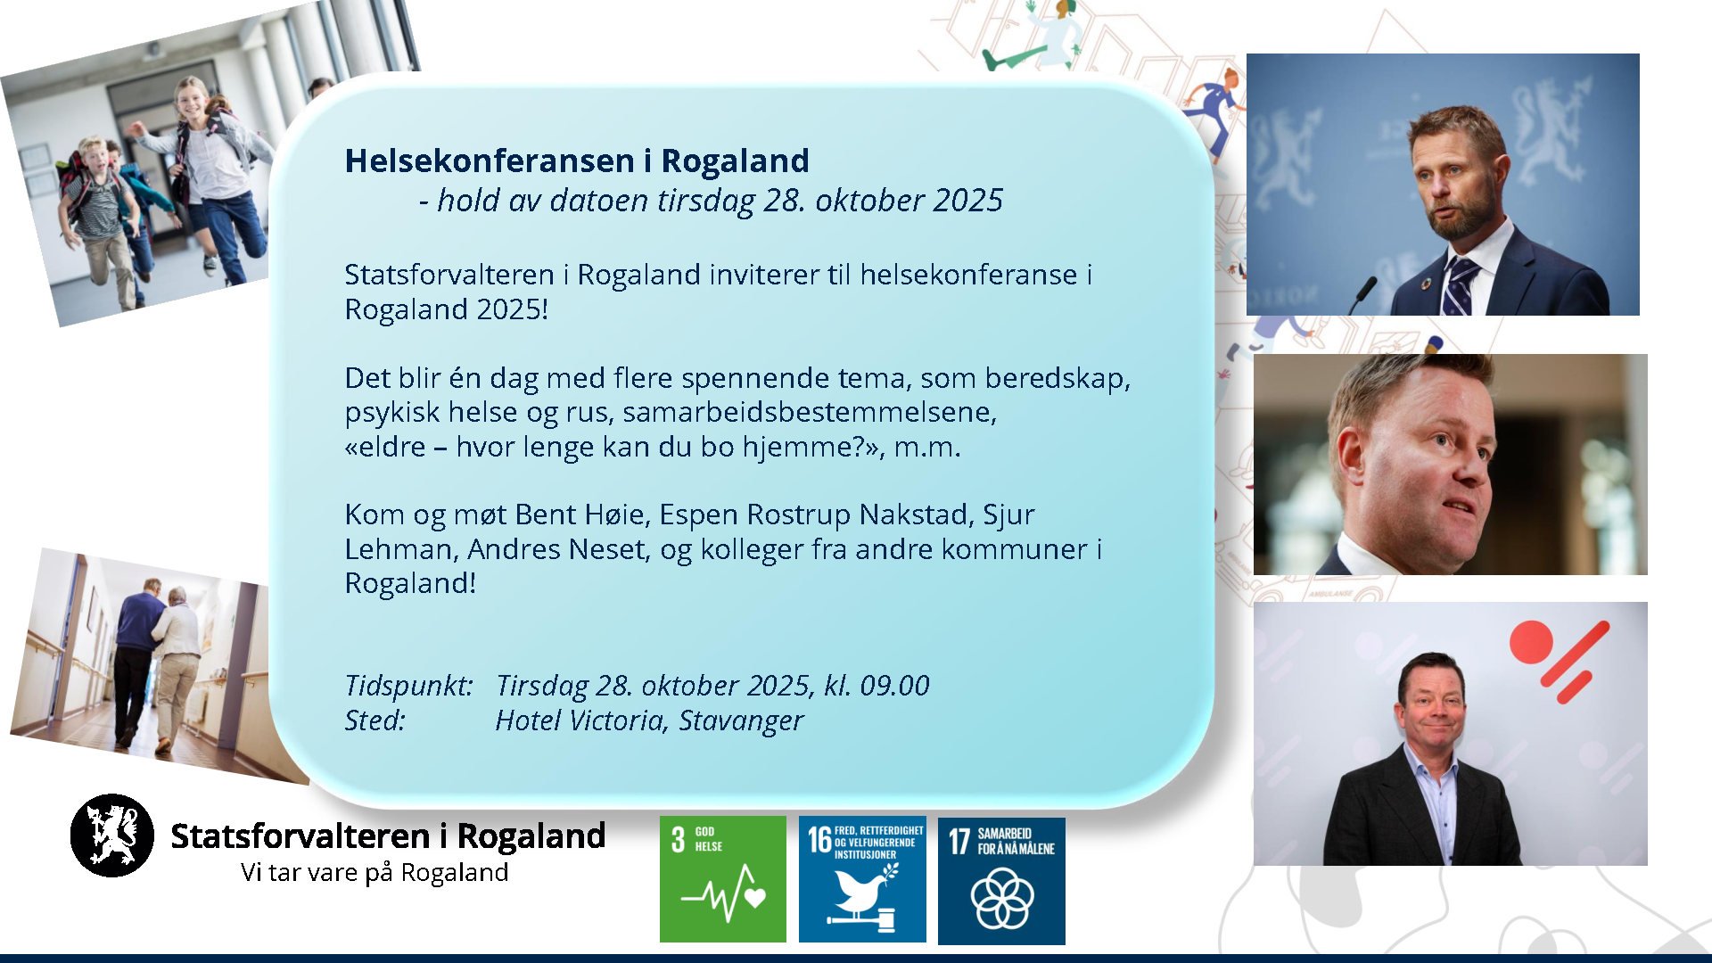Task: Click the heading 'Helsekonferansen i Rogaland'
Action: point(577,160)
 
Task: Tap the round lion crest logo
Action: point(112,835)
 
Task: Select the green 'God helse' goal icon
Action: point(723,879)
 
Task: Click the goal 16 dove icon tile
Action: point(862,879)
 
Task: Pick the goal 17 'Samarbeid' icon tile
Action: point(1001,880)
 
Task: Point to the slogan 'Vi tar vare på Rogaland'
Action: point(374,872)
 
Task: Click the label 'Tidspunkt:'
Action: point(409,686)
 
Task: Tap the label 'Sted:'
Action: point(375,720)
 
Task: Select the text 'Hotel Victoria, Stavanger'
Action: point(649,720)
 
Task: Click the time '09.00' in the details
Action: point(894,686)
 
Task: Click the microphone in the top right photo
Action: point(1362,294)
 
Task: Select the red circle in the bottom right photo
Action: point(1531,642)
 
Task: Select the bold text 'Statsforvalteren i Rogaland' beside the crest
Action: point(388,835)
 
